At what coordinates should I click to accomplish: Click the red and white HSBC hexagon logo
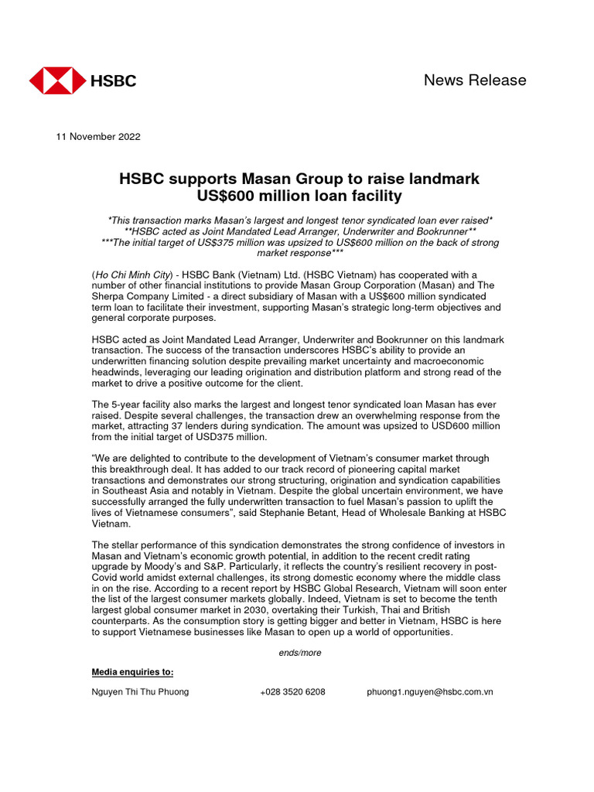(57, 80)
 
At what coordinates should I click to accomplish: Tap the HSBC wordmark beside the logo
(114, 80)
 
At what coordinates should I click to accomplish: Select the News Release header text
(475, 80)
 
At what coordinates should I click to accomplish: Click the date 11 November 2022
(98, 137)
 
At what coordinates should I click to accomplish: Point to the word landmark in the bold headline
(442, 179)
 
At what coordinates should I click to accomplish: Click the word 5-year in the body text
(125, 405)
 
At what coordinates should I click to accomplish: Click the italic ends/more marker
(300, 653)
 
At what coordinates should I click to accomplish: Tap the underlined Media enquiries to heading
(133, 671)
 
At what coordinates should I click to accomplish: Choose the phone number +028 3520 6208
(292, 692)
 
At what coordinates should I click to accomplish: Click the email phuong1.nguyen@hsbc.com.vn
(430, 692)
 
